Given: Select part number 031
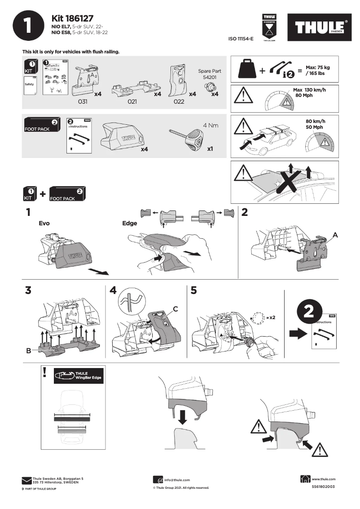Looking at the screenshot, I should [x=83, y=101].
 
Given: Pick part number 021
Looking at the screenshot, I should [x=132, y=101].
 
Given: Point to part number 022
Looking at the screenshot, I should [x=179, y=101].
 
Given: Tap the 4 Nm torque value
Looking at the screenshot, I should [x=211, y=125].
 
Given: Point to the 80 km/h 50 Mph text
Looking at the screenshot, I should [x=315, y=124].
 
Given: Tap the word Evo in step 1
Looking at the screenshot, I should [x=44, y=223].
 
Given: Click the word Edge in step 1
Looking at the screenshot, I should [x=129, y=223].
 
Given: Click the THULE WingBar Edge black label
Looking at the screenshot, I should [x=78, y=376].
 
